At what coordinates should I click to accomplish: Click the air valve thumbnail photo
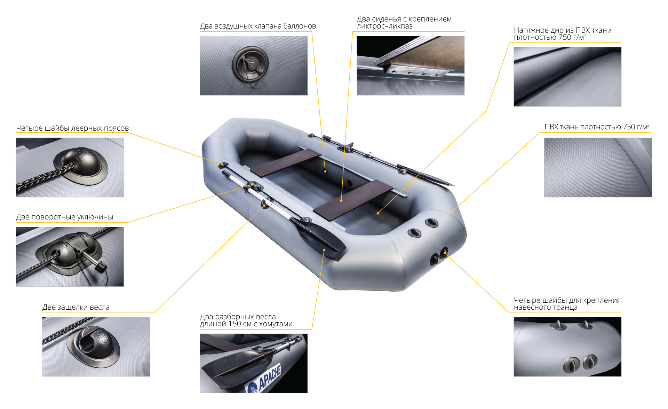pos(254,65)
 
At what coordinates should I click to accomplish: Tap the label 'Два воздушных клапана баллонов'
pos(258,26)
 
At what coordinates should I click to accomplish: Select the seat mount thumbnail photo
pos(411,65)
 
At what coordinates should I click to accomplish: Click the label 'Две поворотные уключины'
pos(65,217)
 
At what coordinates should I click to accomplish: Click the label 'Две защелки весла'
pos(76,307)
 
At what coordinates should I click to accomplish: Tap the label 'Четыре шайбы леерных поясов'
pos(72,128)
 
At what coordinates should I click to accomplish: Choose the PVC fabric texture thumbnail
pos(598,167)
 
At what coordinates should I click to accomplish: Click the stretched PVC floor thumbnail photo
pos(567,77)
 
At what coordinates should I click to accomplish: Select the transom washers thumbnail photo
pos(567,347)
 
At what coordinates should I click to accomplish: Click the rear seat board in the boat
pos(353,200)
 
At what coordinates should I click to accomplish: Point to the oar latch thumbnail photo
pos(96,347)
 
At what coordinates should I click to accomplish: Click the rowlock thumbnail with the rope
pos(70,257)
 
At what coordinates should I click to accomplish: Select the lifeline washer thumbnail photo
pos(70,168)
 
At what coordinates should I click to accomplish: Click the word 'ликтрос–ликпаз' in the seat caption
pos(384,26)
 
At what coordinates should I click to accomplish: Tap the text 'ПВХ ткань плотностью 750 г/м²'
pos(597,127)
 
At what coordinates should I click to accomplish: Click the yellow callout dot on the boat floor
pos(378,213)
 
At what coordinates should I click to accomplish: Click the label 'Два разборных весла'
pos(238,317)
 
